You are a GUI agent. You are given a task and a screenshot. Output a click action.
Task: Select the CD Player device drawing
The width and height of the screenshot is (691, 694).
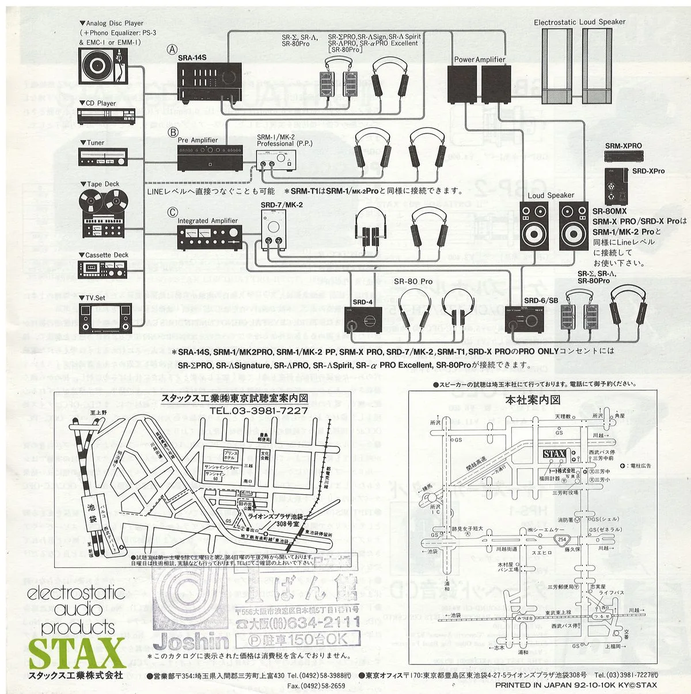(x=105, y=116)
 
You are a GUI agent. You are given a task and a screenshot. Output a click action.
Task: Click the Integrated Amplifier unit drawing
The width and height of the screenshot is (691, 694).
(x=207, y=237)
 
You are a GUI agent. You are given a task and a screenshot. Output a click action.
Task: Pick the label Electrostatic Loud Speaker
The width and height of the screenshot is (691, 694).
(x=579, y=22)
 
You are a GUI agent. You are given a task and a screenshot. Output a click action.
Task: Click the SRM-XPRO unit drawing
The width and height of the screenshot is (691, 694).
(x=623, y=156)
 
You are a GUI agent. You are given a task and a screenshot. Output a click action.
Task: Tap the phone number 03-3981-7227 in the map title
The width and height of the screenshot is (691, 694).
(x=259, y=411)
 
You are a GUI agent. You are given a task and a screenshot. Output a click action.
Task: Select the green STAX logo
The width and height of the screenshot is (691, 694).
(x=77, y=653)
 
